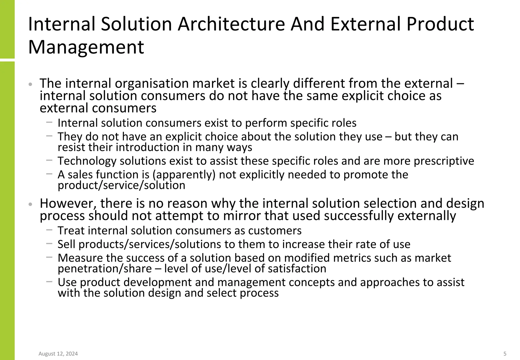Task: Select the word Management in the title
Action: (x=86, y=47)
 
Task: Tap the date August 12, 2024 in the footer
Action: (x=58, y=354)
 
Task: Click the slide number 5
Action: (x=505, y=354)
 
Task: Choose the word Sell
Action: (x=66, y=244)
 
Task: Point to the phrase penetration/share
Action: (x=105, y=269)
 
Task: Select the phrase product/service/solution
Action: (x=121, y=185)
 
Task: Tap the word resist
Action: (x=69, y=147)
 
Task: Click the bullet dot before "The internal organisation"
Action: (x=30, y=84)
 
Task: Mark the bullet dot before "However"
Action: (x=30, y=204)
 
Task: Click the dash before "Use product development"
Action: (x=50, y=282)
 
